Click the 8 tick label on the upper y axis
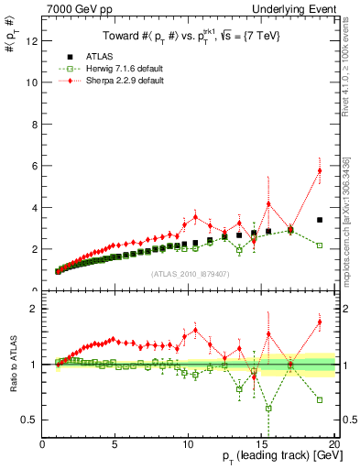34,124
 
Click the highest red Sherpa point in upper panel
320,170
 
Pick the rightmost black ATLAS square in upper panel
320,220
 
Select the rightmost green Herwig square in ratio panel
320,399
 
